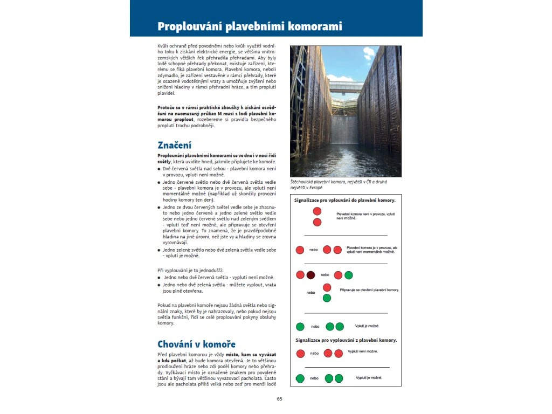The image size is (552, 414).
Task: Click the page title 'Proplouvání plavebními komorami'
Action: pyautogui.click(x=250, y=26)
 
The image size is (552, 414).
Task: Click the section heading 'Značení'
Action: pyautogui.click(x=174, y=146)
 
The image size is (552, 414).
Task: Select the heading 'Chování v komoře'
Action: pyautogui.click(x=196, y=344)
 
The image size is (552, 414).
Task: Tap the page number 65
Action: pyautogui.click(x=279, y=399)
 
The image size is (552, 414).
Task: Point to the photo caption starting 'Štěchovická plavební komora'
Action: pyautogui.click(x=338, y=185)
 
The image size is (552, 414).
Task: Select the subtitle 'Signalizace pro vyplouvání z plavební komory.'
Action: pyautogui.click(x=346, y=340)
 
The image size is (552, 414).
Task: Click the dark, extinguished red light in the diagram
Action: pyautogui.click(x=310, y=275)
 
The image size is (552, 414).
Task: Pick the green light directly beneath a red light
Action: pyautogui.click(x=327, y=298)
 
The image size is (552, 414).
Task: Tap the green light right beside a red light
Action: pyautogui.click(x=348, y=275)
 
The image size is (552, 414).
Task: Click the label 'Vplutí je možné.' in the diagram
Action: pyautogui.click(x=367, y=326)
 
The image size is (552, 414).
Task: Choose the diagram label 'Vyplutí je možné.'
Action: pyautogui.click(x=369, y=377)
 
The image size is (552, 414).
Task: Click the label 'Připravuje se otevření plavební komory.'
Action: pyautogui.click(x=369, y=289)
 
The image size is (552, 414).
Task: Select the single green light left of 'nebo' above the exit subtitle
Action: pyautogui.click(x=300, y=326)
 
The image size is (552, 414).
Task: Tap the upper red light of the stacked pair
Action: pyautogui.click(x=317, y=211)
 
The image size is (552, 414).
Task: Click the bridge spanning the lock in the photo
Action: pyautogui.click(x=346, y=86)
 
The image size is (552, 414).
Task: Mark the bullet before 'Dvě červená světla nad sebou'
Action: pyautogui.click(x=159, y=169)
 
